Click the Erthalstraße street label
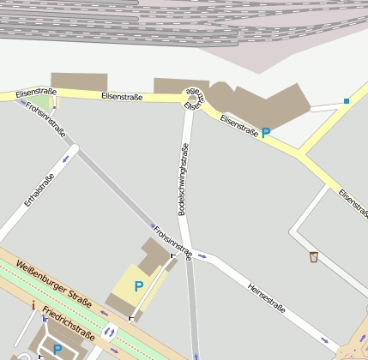[39, 190]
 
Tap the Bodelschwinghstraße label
[183, 177]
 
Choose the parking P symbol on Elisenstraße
[266, 133]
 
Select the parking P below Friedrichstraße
[57, 349]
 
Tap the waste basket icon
[314, 256]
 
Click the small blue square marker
[347, 101]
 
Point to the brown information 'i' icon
[33, 303]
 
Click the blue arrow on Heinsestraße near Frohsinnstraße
[202, 255]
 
